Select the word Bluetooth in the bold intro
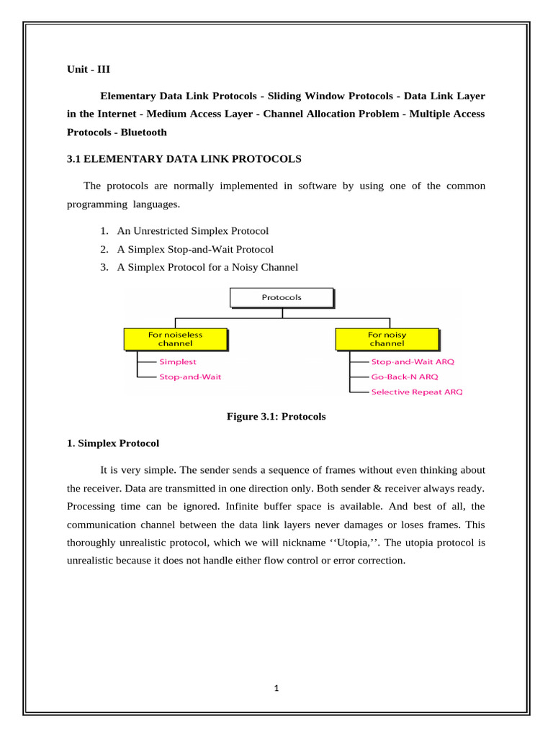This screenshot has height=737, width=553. tap(144, 132)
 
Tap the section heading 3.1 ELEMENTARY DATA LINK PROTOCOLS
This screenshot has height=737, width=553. tap(184, 158)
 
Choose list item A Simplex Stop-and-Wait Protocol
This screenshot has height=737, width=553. tap(194, 249)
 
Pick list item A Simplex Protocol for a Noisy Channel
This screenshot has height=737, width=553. tap(207, 267)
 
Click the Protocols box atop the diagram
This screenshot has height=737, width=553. tap(282, 297)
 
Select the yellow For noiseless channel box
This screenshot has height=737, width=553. tap(175, 338)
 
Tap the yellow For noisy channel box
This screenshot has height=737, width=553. tap(387, 338)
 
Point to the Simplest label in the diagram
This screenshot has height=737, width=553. tap(178, 362)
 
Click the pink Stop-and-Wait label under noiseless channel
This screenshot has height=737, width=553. tap(190, 376)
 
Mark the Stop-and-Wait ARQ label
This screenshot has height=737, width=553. tap(413, 362)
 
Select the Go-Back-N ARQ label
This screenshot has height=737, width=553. tap(404, 376)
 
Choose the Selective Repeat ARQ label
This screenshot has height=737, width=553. tap(417, 392)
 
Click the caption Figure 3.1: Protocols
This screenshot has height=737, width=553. tap(276, 417)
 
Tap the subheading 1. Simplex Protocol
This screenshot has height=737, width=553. tap(113, 443)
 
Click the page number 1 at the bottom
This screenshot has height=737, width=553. tap(276, 687)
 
